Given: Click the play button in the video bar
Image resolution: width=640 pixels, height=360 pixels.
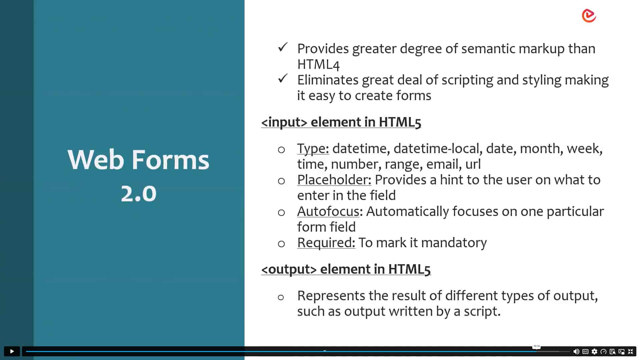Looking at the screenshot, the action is click(12, 351).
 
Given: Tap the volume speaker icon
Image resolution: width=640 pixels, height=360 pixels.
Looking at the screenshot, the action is click(576, 351).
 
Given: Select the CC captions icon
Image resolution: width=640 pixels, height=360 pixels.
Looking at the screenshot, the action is click(585, 351).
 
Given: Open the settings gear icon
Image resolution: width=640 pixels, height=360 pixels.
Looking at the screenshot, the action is click(594, 351).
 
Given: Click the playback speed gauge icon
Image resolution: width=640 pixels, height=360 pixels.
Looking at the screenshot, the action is click(603, 351).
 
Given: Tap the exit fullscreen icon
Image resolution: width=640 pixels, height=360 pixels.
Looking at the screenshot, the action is click(630, 351).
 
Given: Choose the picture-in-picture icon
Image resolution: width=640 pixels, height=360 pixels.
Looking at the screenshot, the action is click(621, 351).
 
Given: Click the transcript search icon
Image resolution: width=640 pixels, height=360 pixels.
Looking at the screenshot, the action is click(612, 351).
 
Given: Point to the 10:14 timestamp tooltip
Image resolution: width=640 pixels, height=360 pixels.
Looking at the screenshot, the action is click(536, 346).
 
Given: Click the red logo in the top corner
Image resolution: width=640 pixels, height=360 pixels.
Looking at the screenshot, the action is click(589, 16).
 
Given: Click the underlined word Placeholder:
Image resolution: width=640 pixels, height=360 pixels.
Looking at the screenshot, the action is click(334, 180).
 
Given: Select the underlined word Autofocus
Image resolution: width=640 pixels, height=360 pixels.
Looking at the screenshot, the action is click(328, 212).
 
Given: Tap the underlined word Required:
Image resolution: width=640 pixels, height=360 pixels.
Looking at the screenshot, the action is click(326, 243).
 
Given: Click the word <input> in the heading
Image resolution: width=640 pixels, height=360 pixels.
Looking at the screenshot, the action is click(284, 122).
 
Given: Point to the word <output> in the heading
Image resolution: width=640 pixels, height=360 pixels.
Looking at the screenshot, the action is click(289, 269).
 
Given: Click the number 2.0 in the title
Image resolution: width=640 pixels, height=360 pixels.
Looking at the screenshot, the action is click(138, 194).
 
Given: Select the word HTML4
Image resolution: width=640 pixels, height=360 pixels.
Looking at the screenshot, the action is click(318, 64).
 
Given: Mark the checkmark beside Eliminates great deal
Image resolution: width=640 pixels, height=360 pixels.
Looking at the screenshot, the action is click(282, 79).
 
